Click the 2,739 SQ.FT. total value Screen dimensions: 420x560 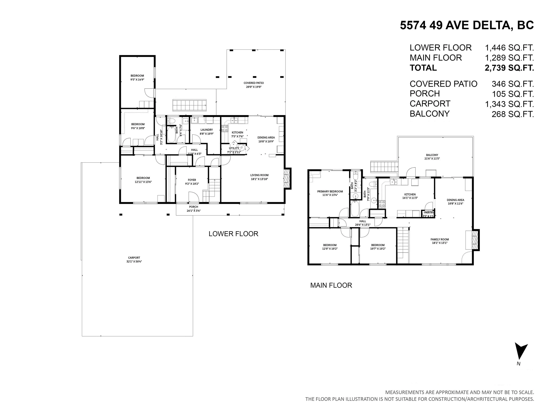pyautogui.click(x=509, y=68)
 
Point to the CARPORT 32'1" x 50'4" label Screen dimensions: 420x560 pyautogui.click(x=134, y=259)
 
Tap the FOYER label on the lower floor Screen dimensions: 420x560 pyautogui.click(x=192, y=180)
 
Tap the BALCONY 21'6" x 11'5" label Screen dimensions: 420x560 pyautogui.click(x=432, y=157)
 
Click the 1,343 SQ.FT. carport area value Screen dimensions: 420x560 pyautogui.click(x=509, y=104)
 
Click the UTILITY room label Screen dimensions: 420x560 pyautogui.click(x=234, y=148)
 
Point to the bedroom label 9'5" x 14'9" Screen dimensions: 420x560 pyautogui.click(x=137, y=77)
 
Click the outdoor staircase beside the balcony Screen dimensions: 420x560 pyautogui.click(x=383, y=167)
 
